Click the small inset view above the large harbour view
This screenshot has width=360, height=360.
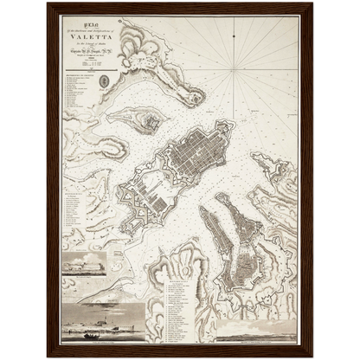(x=85, y=264)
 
